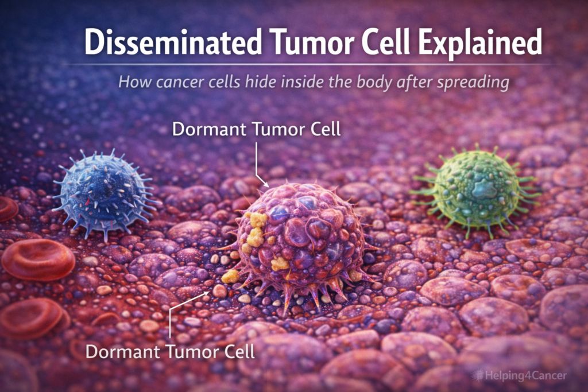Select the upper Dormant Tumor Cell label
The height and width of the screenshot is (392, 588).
(x=257, y=129)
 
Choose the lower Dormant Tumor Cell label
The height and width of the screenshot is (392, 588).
(x=170, y=351)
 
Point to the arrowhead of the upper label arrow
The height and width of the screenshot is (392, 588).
(x=268, y=185)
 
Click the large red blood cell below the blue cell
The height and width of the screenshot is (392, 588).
(x=38, y=259)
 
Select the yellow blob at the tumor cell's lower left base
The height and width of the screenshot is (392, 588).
(x=230, y=276)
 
